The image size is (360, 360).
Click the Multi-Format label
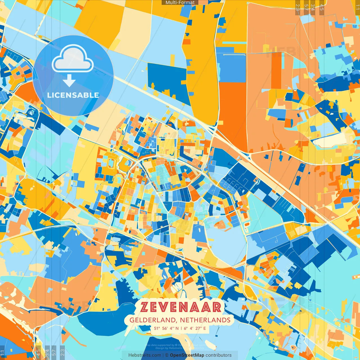pyautogui.click(x=180, y=3)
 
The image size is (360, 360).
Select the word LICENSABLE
pyautogui.click(x=73, y=95)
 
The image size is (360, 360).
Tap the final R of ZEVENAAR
pyautogui.click(x=217, y=307)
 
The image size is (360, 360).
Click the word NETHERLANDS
pyautogui.click(x=205, y=320)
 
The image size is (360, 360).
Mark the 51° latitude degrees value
pyautogui.click(x=156, y=328)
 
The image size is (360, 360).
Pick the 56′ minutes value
pyautogui.click(x=165, y=328)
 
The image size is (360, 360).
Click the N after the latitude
pyautogui.click(x=177, y=328)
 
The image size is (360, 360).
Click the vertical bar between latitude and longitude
pyautogui.click(x=182, y=328)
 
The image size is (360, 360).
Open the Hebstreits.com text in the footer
pyautogui.click(x=145, y=355)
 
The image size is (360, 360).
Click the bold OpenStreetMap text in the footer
pyautogui.click(x=187, y=355)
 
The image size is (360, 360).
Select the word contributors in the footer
pyautogui.click(x=219, y=355)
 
